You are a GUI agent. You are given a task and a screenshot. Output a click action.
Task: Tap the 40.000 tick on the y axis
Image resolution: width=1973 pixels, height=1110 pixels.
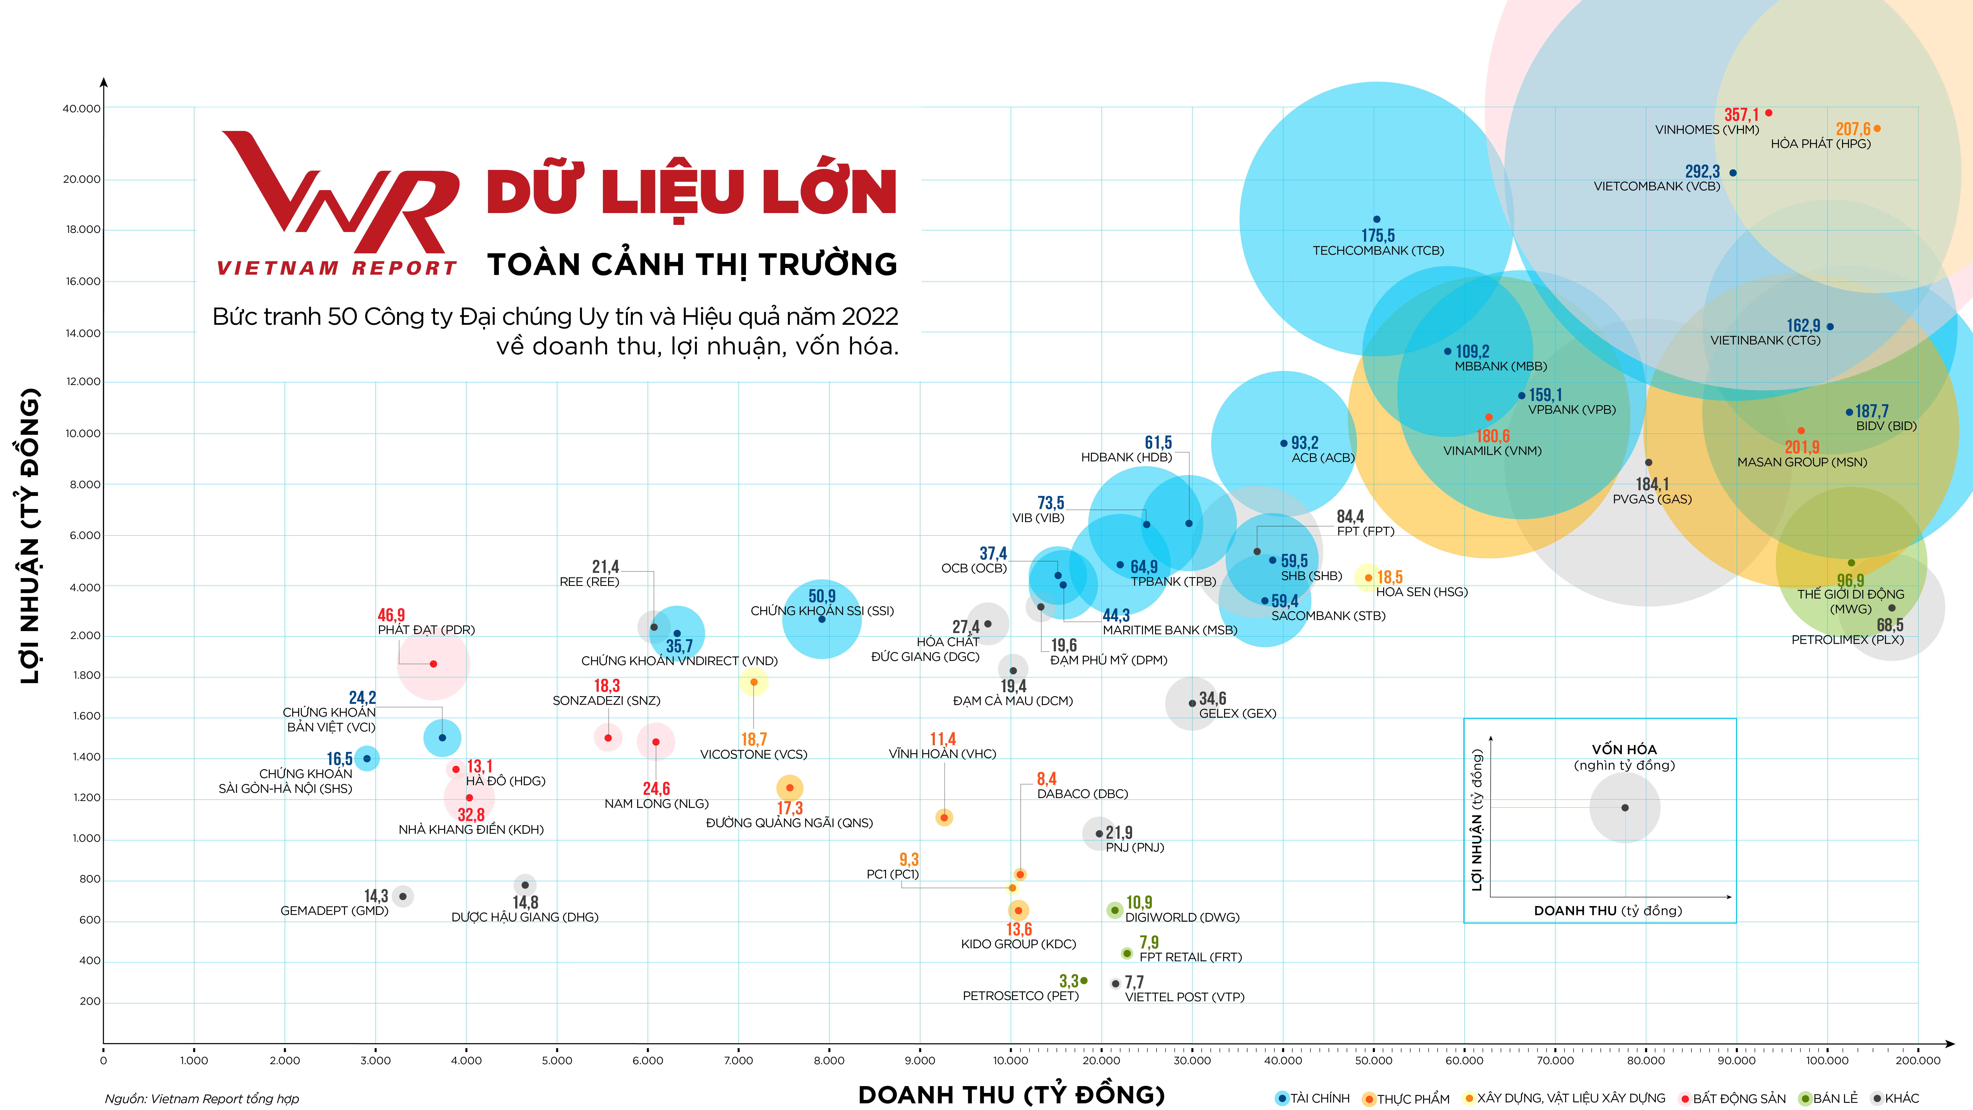[81, 109]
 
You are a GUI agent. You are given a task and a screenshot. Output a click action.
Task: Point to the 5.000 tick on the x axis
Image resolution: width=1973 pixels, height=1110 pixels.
[557, 1060]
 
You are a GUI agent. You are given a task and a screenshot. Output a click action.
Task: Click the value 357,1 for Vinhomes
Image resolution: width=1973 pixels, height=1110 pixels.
[1741, 115]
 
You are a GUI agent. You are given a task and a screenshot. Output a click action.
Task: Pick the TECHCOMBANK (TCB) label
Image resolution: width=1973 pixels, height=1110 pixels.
[1378, 251]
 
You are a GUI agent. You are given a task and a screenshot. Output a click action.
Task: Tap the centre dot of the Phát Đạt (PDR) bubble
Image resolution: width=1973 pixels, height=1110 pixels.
[434, 664]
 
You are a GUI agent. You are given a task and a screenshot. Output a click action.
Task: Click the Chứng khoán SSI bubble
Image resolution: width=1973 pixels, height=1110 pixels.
[822, 619]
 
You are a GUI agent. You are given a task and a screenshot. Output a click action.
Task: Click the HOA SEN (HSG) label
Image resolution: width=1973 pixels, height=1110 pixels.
[1422, 591]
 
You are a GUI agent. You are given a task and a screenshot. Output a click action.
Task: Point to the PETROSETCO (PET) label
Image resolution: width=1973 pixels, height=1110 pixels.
[1020, 996]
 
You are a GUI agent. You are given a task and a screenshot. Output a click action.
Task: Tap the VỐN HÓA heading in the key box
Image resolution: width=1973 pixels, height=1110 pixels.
[1624, 749]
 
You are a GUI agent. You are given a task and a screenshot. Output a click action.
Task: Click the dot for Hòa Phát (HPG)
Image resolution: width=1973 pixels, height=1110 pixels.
[1877, 129]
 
